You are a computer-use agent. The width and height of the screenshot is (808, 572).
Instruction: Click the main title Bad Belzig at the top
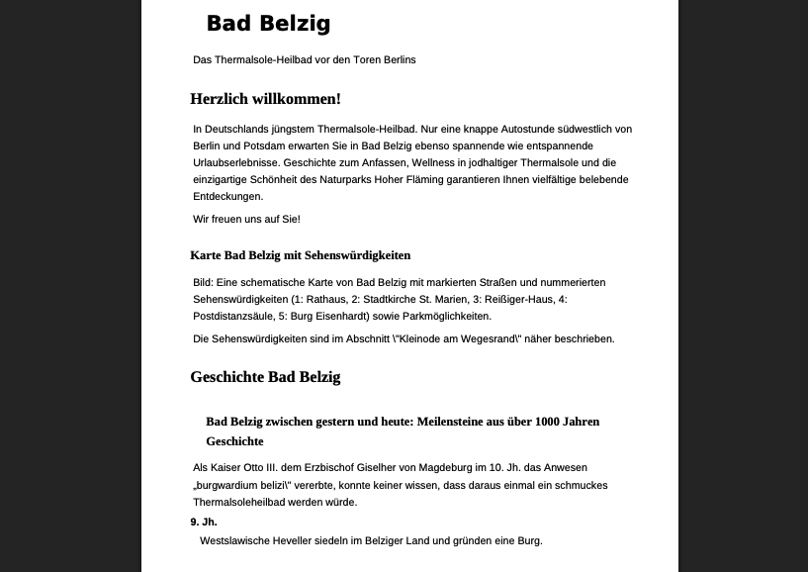click(268, 24)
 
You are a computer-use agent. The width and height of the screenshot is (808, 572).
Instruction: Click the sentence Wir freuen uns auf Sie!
click(246, 219)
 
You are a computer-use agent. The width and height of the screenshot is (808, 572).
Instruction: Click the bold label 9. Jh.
click(204, 522)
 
